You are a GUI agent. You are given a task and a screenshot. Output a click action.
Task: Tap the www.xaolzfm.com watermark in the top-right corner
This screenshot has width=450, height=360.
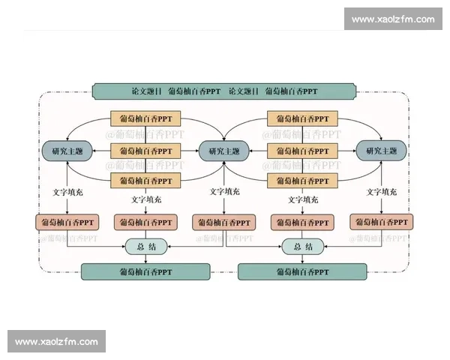coord(392,18)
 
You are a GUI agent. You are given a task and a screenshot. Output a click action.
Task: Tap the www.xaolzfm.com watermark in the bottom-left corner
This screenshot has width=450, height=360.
coord(57,342)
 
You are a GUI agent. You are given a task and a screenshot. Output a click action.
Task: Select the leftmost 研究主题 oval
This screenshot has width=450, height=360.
coord(67,151)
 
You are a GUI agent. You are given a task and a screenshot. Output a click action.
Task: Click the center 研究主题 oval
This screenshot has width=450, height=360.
coord(223,151)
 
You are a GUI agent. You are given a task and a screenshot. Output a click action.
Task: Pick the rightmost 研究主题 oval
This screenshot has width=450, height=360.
coord(381,151)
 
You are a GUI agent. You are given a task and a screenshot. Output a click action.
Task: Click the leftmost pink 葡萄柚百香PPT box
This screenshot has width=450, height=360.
coord(67,222)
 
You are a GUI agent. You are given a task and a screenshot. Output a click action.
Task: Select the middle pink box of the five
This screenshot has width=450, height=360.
coord(223,222)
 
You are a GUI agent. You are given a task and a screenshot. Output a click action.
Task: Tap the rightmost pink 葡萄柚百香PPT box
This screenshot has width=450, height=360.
coord(382,222)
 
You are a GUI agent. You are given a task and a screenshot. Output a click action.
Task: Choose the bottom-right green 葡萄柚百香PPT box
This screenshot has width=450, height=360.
coord(302,271)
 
